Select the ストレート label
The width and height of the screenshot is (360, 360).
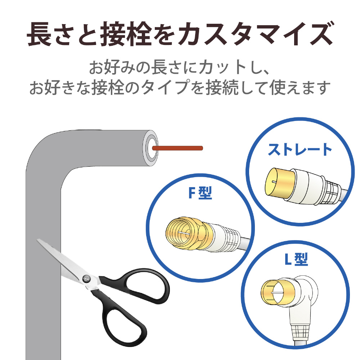(300, 149)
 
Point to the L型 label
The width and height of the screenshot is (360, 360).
(295, 260)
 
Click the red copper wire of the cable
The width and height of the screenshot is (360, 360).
(178, 148)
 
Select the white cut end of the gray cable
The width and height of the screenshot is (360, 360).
(150, 148)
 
